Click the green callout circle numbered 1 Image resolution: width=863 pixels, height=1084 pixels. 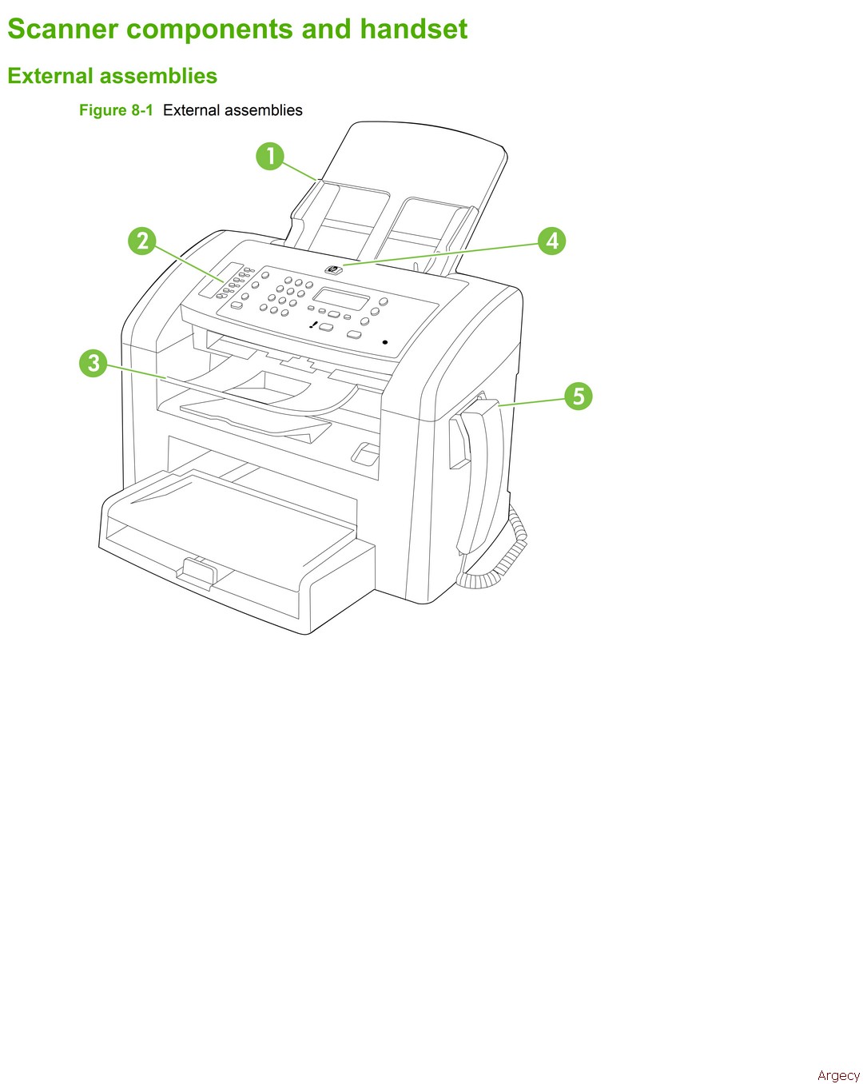270,156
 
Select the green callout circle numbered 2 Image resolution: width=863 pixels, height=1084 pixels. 142,241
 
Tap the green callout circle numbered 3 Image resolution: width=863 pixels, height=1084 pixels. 93,363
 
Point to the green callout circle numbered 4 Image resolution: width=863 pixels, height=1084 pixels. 552,241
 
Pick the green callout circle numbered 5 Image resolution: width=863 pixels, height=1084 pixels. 578,396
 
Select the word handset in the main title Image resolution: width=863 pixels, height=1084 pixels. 413,29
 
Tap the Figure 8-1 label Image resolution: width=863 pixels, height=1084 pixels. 116,110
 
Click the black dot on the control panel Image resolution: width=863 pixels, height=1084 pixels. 385,342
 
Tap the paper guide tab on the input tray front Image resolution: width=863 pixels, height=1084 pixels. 197,572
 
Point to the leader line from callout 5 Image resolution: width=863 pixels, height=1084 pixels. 531,401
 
